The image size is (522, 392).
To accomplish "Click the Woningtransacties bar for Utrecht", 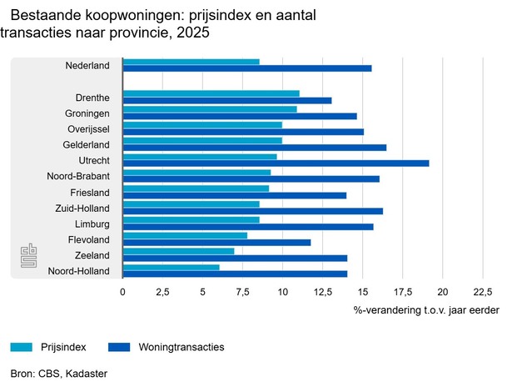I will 276,163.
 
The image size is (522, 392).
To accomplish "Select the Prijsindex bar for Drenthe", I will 211,93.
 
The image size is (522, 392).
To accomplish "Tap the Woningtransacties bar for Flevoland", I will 216,243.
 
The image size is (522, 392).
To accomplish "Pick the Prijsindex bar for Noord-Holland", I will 171,267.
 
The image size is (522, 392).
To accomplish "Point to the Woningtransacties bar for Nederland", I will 247,68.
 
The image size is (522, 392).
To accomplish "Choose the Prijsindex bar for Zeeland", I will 178,251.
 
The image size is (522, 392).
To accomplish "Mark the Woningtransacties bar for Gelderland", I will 254,147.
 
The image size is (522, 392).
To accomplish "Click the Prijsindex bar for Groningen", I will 210,109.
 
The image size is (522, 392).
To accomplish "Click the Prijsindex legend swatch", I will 32,347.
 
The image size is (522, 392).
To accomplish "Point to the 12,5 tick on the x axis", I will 322,292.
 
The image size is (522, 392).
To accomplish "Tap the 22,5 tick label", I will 483,292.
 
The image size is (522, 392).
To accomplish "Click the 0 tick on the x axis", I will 122,292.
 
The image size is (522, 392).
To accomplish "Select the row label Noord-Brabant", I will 82,176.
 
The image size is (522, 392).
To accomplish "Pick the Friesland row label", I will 93,192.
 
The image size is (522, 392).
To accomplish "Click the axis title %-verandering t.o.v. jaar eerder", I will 426,310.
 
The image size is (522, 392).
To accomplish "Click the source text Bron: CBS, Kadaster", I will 59,374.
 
